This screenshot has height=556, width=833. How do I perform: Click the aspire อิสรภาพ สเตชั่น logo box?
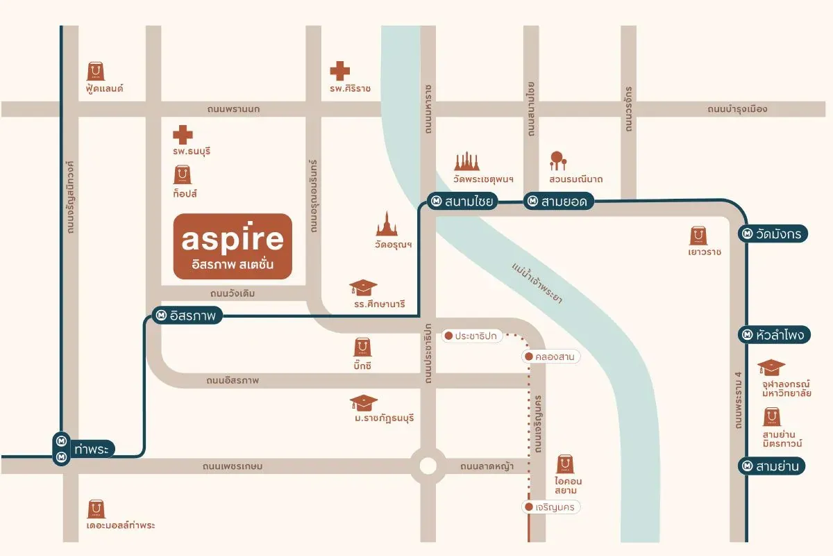[233, 246]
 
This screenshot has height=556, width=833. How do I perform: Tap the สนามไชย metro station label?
[460, 202]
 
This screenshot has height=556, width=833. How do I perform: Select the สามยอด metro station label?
[557, 202]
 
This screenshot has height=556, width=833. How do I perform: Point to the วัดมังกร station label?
[771, 234]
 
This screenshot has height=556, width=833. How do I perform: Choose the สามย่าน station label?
[771, 466]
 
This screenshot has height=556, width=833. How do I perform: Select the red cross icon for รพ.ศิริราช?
[339, 70]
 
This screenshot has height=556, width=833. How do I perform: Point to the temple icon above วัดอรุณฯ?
[387, 224]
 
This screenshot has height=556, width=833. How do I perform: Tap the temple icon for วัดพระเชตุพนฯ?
[467, 161]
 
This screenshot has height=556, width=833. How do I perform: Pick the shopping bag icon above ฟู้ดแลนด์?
[96, 71]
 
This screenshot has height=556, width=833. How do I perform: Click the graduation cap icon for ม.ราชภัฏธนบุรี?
[364, 402]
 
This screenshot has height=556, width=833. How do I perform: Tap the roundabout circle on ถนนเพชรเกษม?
[427, 466]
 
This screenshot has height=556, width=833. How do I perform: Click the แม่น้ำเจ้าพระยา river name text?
[537, 283]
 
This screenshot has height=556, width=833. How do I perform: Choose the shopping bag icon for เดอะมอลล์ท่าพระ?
[96, 509]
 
